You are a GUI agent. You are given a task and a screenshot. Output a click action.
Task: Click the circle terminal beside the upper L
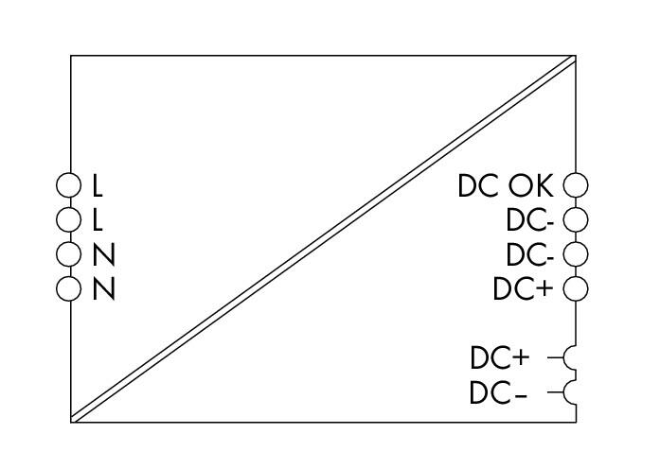tap(57, 185)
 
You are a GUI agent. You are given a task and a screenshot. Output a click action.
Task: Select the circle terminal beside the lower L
tap(57, 219)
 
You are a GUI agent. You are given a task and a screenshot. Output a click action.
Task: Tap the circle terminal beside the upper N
tap(57, 254)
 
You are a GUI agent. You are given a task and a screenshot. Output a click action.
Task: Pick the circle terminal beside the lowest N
tap(57, 288)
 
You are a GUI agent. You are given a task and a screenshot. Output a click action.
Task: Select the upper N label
tap(103, 254)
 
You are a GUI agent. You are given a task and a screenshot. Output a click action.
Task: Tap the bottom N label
tap(103, 289)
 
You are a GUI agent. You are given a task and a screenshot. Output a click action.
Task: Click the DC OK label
tap(505, 185)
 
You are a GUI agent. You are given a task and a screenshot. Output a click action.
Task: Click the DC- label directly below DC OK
tap(530, 220)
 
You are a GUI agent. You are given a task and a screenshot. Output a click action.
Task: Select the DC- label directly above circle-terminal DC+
tap(530, 254)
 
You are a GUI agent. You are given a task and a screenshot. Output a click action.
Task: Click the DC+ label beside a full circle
tap(523, 289)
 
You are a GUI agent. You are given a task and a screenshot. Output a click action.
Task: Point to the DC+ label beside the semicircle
tap(500, 358)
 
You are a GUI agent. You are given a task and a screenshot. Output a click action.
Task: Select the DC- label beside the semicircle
tap(498, 393)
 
